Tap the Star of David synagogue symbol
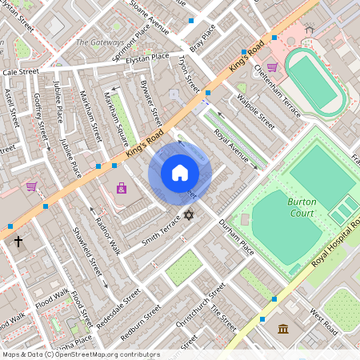tap(190, 215)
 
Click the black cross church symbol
tap(18, 240)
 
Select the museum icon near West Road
tap(284, 329)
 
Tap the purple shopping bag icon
tap(121, 189)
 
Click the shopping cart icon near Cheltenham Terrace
tap(272, 68)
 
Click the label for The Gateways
tap(100, 42)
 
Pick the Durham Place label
tap(237, 238)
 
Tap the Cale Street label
tap(21, 72)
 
